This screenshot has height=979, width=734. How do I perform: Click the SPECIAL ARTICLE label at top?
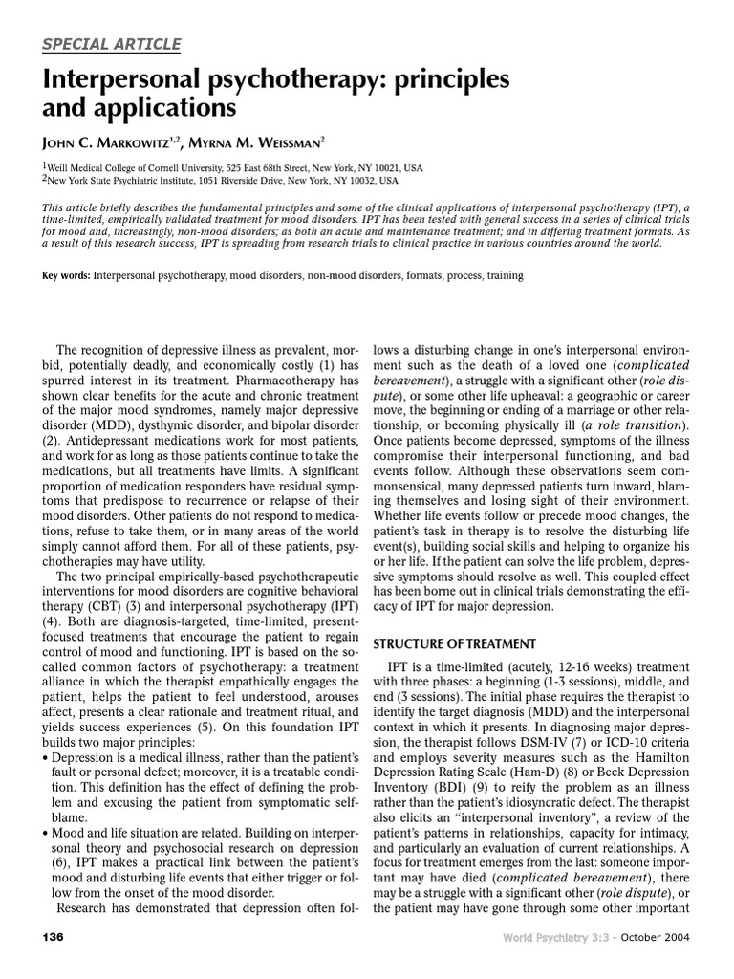[x=112, y=44]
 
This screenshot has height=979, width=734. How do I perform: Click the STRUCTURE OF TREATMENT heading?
[x=453, y=642]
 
